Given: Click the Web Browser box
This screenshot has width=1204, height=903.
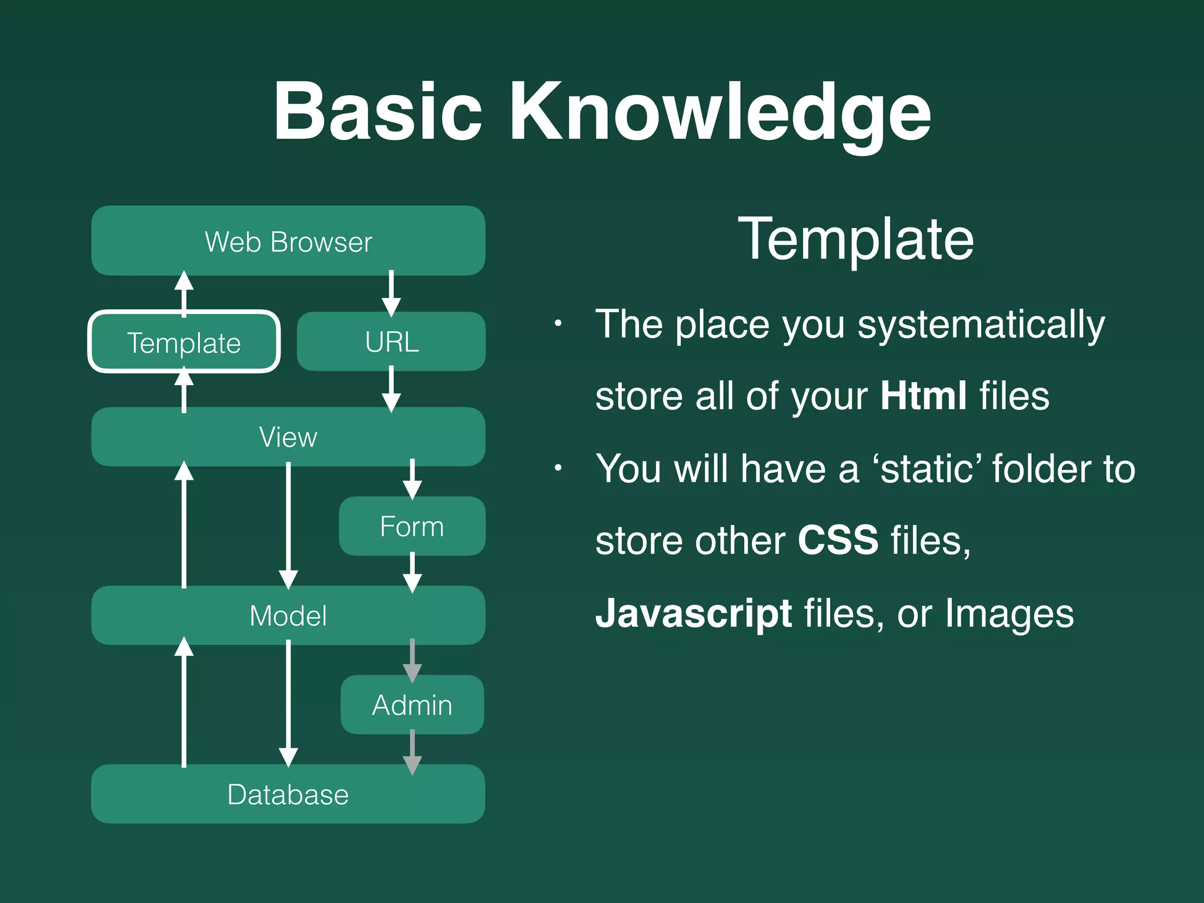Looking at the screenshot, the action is (288, 241).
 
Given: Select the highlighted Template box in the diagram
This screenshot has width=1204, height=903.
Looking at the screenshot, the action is (184, 342).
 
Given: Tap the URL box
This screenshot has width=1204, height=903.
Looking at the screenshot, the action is (392, 342).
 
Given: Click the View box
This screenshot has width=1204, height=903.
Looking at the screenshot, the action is (288, 437).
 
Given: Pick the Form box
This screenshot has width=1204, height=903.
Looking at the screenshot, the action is (412, 526).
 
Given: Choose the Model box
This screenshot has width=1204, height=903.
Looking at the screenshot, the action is (288, 616).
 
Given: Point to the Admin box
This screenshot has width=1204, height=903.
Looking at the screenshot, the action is (412, 705).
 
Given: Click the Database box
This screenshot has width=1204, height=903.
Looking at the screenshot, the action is (288, 794).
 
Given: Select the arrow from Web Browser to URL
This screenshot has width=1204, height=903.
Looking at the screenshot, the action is (392, 293).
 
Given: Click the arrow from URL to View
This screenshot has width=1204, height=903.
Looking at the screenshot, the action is (392, 389).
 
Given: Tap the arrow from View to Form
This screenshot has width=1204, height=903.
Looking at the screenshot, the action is (412, 479).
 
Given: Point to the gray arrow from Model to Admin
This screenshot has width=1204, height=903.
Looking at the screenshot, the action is (412, 660).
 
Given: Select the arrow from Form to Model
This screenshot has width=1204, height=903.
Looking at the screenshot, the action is (412, 571).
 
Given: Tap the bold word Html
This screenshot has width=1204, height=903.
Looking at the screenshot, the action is (923, 396).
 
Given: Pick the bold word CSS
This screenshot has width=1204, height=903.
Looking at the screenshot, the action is (838, 540).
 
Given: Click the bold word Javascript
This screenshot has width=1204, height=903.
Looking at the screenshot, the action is (694, 613).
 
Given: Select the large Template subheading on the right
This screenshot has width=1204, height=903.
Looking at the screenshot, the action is (856, 239).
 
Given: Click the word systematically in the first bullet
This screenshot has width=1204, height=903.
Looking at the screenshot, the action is (981, 325).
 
